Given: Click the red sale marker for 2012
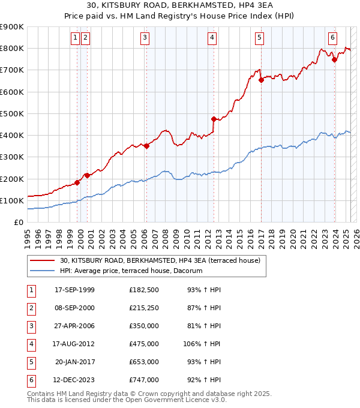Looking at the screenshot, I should [214, 119].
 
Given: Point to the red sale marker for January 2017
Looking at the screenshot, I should [261, 80].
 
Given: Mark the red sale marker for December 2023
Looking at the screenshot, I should [335, 59].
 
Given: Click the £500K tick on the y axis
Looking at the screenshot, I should [12, 113].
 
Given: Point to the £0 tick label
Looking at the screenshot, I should [19, 222].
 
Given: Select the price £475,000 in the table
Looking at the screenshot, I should [143, 344].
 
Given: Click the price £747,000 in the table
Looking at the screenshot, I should [143, 380].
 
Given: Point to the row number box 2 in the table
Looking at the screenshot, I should [31, 308].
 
